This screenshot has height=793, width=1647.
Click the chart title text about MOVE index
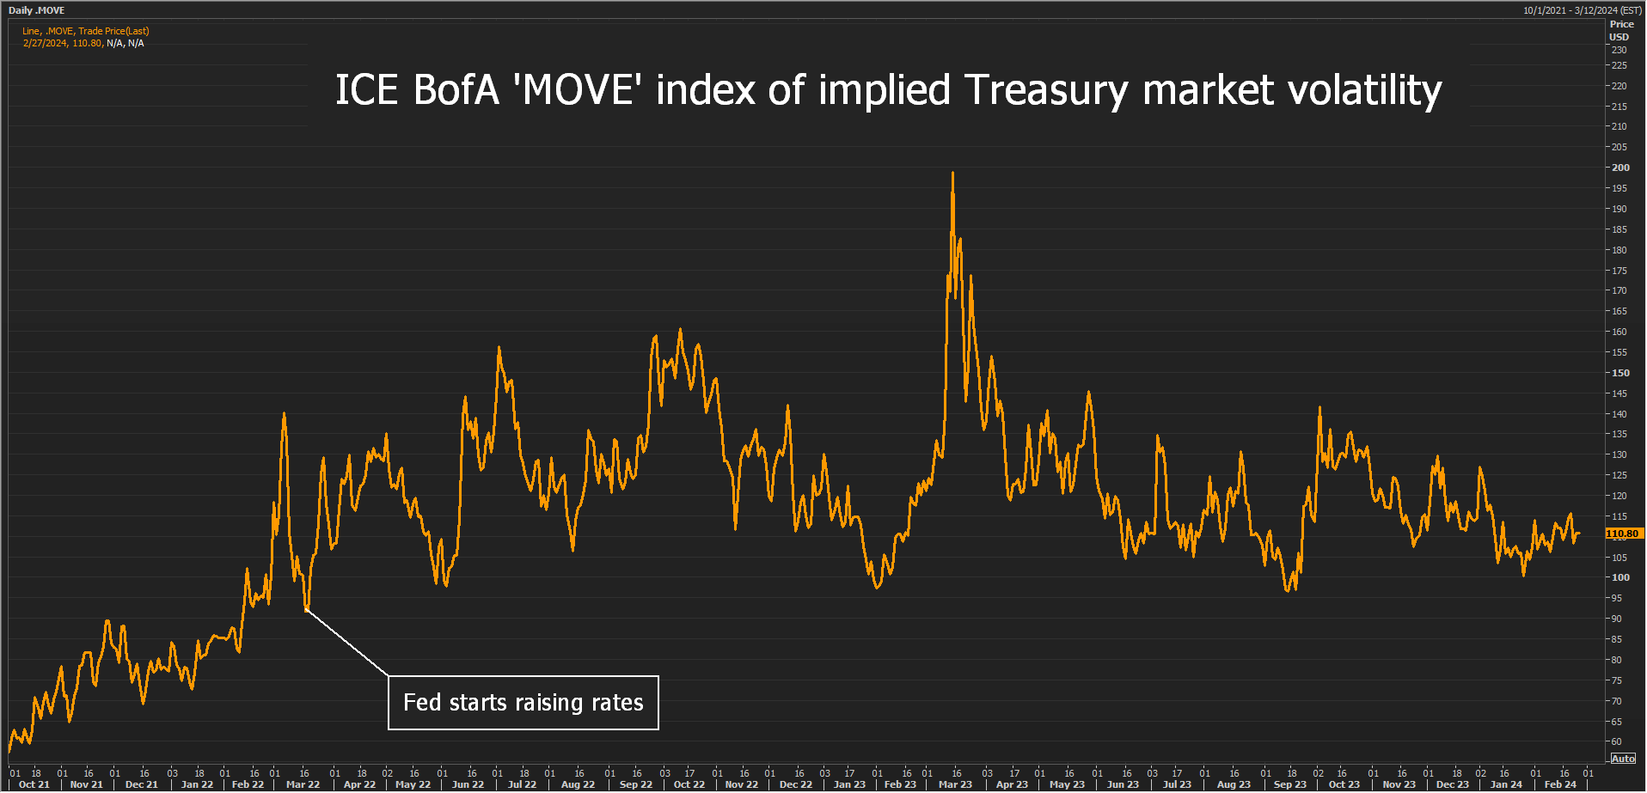(888, 90)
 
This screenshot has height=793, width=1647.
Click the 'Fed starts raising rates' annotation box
(523, 703)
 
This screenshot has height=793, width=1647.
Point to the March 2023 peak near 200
(952, 174)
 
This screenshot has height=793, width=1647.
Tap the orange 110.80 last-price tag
(1623, 534)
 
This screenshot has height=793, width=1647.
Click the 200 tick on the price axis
(1619, 168)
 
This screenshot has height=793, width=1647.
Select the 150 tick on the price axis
(1619, 373)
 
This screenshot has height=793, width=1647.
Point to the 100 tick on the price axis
(1619, 577)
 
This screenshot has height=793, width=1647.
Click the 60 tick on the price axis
(1616, 741)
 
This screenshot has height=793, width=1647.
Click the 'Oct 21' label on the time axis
(34, 784)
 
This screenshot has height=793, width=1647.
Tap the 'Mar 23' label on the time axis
(955, 784)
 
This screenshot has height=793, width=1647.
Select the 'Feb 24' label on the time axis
(1560, 784)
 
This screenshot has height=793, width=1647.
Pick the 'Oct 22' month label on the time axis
(689, 784)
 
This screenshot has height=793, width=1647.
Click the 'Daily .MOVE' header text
(36, 10)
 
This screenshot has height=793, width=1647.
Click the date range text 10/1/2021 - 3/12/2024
(1582, 10)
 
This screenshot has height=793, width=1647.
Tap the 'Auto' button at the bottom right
(1623, 759)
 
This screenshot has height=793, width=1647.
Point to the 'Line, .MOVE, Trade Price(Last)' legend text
(86, 31)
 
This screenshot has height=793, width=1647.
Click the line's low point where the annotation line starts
(306, 609)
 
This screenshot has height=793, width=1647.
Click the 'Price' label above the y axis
(1621, 24)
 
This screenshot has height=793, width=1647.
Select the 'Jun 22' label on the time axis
(468, 784)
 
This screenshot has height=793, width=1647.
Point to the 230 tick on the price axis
(1619, 50)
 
